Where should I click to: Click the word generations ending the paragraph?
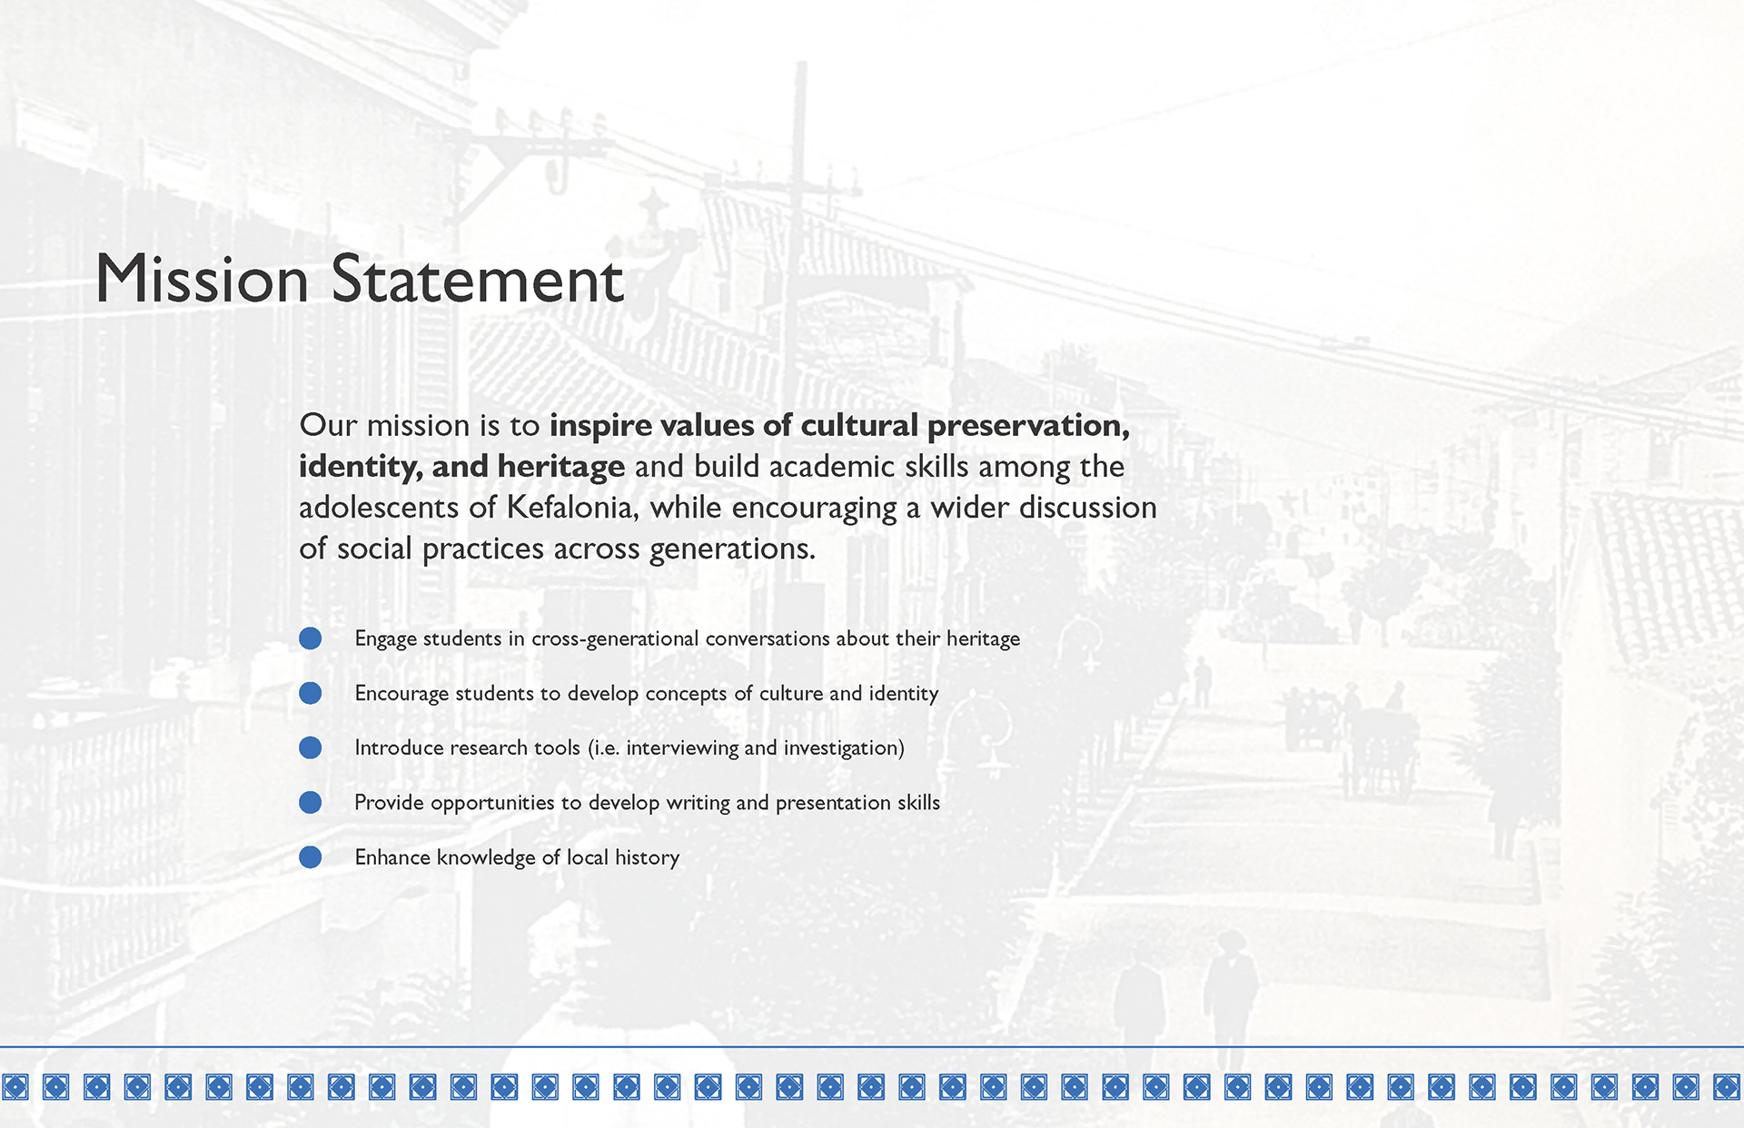tap(732, 549)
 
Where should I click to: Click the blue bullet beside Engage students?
tap(311, 638)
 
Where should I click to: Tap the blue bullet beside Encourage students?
tap(311, 693)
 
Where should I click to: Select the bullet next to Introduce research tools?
tap(311, 747)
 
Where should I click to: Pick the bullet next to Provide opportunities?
tap(311, 802)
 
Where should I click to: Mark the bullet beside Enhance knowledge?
tap(311, 856)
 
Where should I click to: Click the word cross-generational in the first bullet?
tap(615, 639)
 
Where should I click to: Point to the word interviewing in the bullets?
tap(682, 748)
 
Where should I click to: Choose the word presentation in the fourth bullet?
tap(833, 803)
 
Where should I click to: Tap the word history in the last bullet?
tap(647, 858)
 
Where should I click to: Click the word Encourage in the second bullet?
tap(401, 694)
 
